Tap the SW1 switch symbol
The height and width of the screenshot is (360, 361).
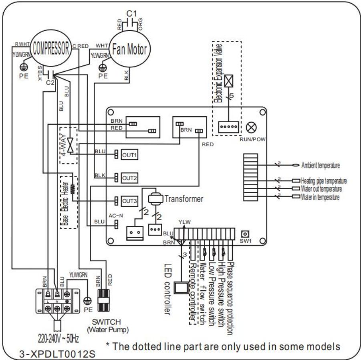[243, 234]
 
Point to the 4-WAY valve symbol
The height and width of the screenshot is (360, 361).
[71, 143]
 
